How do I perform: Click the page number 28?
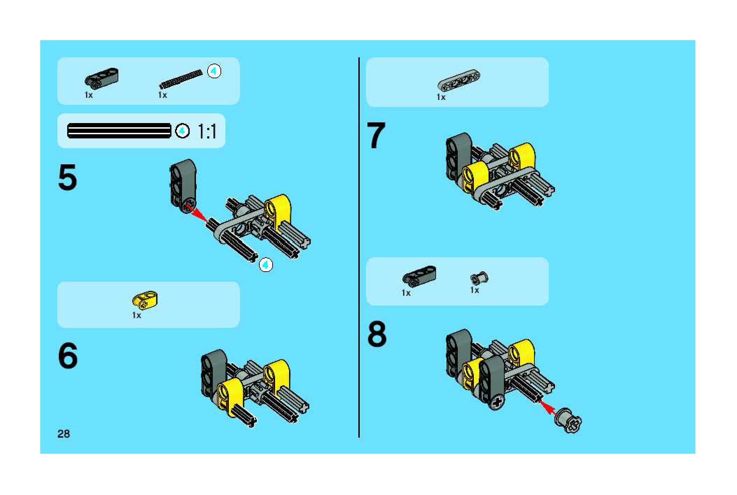click(x=64, y=434)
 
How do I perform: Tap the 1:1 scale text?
click(x=207, y=131)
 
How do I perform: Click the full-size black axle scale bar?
click(x=119, y=131)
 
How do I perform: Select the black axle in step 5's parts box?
click(x=181, y=79)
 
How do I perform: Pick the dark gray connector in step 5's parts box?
click(x=101, y=77)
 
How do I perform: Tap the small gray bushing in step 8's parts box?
click(x=479, y=278)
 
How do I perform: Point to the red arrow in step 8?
click(x=548, y=407)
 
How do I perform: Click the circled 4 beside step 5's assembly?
click(x=266, y=265)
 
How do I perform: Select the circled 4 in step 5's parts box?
click(x=214, y=72)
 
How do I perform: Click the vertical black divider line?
click(x=359, y=247)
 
